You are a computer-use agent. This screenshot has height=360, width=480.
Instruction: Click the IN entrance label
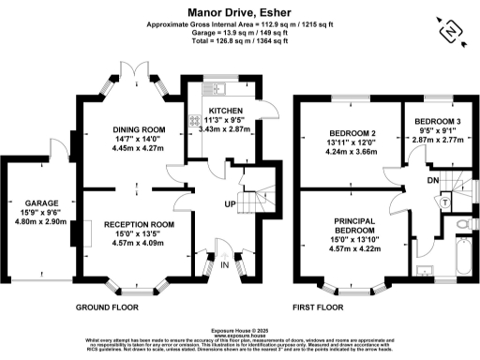click(x=224, y=264)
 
